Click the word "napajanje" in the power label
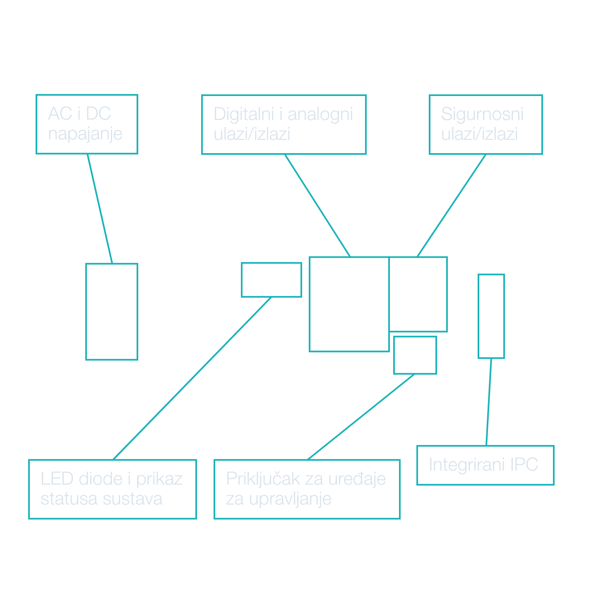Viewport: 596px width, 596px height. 85,134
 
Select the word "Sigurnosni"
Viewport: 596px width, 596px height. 482,114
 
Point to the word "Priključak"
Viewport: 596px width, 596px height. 263,479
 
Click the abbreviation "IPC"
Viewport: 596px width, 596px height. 524,464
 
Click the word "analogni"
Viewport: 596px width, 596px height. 320,114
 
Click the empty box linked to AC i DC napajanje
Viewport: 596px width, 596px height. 112,312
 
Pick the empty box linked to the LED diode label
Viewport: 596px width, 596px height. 271,280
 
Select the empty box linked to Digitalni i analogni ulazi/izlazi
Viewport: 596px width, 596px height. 349,304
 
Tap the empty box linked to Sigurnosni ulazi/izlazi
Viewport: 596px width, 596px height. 418,294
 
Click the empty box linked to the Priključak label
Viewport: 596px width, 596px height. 415,355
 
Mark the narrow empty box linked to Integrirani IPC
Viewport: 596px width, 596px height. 491,316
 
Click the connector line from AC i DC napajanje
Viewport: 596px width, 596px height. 100,209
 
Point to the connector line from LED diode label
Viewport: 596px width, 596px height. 192,378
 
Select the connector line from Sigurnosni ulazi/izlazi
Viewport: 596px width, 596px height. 452,205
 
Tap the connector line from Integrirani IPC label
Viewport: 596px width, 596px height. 489,402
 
